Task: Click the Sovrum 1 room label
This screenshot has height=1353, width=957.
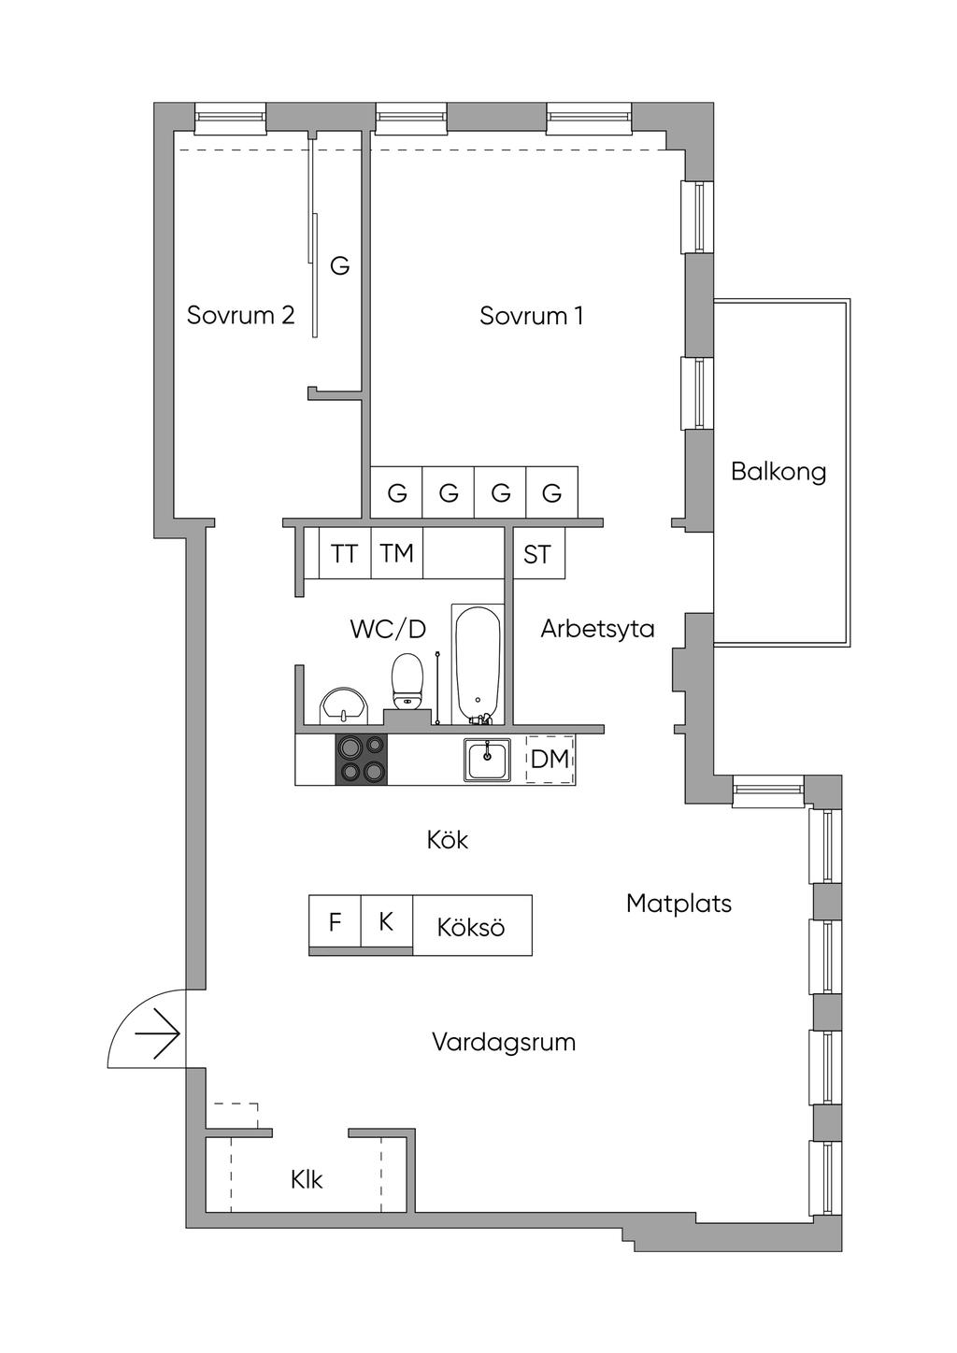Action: coord(531,316)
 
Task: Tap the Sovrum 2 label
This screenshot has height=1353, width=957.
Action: coord(240,315)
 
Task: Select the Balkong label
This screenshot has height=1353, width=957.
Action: coord(778,471)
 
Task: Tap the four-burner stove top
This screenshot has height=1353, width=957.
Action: coord(362,759)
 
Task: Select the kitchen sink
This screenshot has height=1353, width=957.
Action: coord(487,759)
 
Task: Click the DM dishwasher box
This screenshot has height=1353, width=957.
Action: coord(550,759)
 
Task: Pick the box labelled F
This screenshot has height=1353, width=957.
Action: coord(335,923)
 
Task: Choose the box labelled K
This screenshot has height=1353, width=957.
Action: coord(386,923)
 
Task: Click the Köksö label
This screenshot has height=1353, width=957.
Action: coord(471,927)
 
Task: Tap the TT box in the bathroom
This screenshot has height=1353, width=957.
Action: coord(344,554)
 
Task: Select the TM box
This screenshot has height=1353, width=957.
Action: coord(396,554)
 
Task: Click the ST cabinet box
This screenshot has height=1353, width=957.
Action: coord(537,555)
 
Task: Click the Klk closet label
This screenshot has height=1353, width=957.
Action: coord(307,1180)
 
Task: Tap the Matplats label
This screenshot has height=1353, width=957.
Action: coord(678,904)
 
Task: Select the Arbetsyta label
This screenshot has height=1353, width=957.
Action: coord(597,629)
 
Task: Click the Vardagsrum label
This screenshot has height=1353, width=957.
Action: coord(504,1042)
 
